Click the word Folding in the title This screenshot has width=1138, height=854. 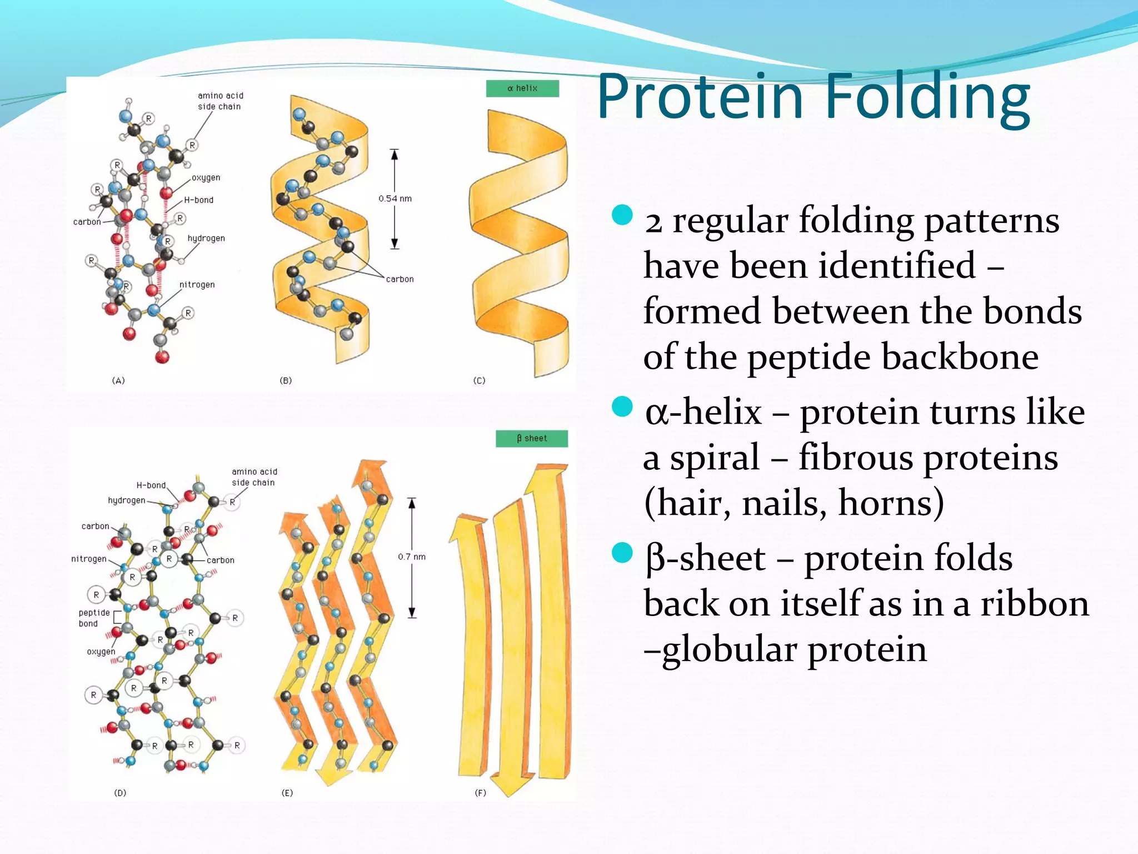click(927, 97)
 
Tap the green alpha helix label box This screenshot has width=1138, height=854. click(522, 88)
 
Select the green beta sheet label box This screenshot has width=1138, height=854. click(532, 439)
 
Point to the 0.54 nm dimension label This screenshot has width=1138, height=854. click(395, 198)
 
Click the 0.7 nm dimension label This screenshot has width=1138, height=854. click(412, 557)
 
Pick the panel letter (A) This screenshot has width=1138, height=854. click(118, 381)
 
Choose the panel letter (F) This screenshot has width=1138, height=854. click(480, 793)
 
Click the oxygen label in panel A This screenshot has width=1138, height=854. click(206, 178)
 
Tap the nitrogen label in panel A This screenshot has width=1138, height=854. click(197, 285)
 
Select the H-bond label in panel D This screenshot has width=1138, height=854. click(151, 485)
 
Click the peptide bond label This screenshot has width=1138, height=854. click(94, 618)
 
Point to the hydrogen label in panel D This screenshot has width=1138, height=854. click(126, 500)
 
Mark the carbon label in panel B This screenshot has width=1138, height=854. click(400, 279)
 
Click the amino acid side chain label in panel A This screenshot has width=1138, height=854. click(220, 101)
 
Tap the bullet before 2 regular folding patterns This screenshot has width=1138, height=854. click(622, 215)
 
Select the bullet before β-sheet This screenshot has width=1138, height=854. click(622, 553)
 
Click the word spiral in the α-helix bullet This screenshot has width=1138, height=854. click(715, 458)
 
